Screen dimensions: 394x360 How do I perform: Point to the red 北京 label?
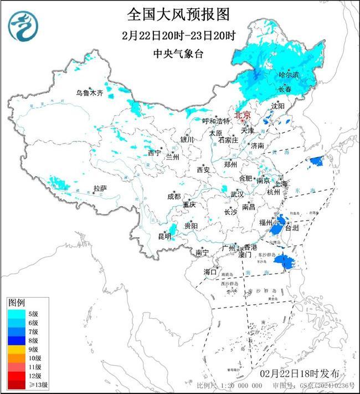coord(243,115)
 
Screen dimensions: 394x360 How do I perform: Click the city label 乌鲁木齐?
coord(90,93)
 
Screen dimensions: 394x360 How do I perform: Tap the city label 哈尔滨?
coord(288,74)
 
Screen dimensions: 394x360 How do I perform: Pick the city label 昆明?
coord(164,237)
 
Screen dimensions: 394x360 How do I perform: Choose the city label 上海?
coord(280,183)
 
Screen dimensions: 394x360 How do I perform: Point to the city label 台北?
coord(291,228)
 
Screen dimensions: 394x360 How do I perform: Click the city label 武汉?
coord(237,195)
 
